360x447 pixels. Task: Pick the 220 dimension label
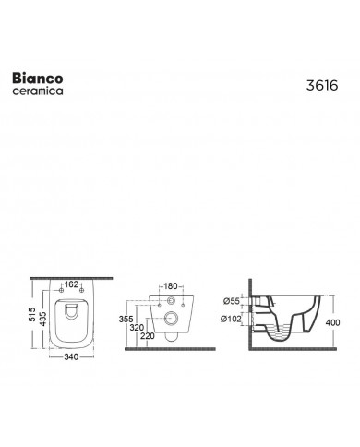tap(145, 337)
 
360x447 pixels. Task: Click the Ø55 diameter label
tap(231, 301)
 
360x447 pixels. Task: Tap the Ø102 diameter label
tap(231, 320)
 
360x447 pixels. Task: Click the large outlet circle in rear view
tap(172, 320)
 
